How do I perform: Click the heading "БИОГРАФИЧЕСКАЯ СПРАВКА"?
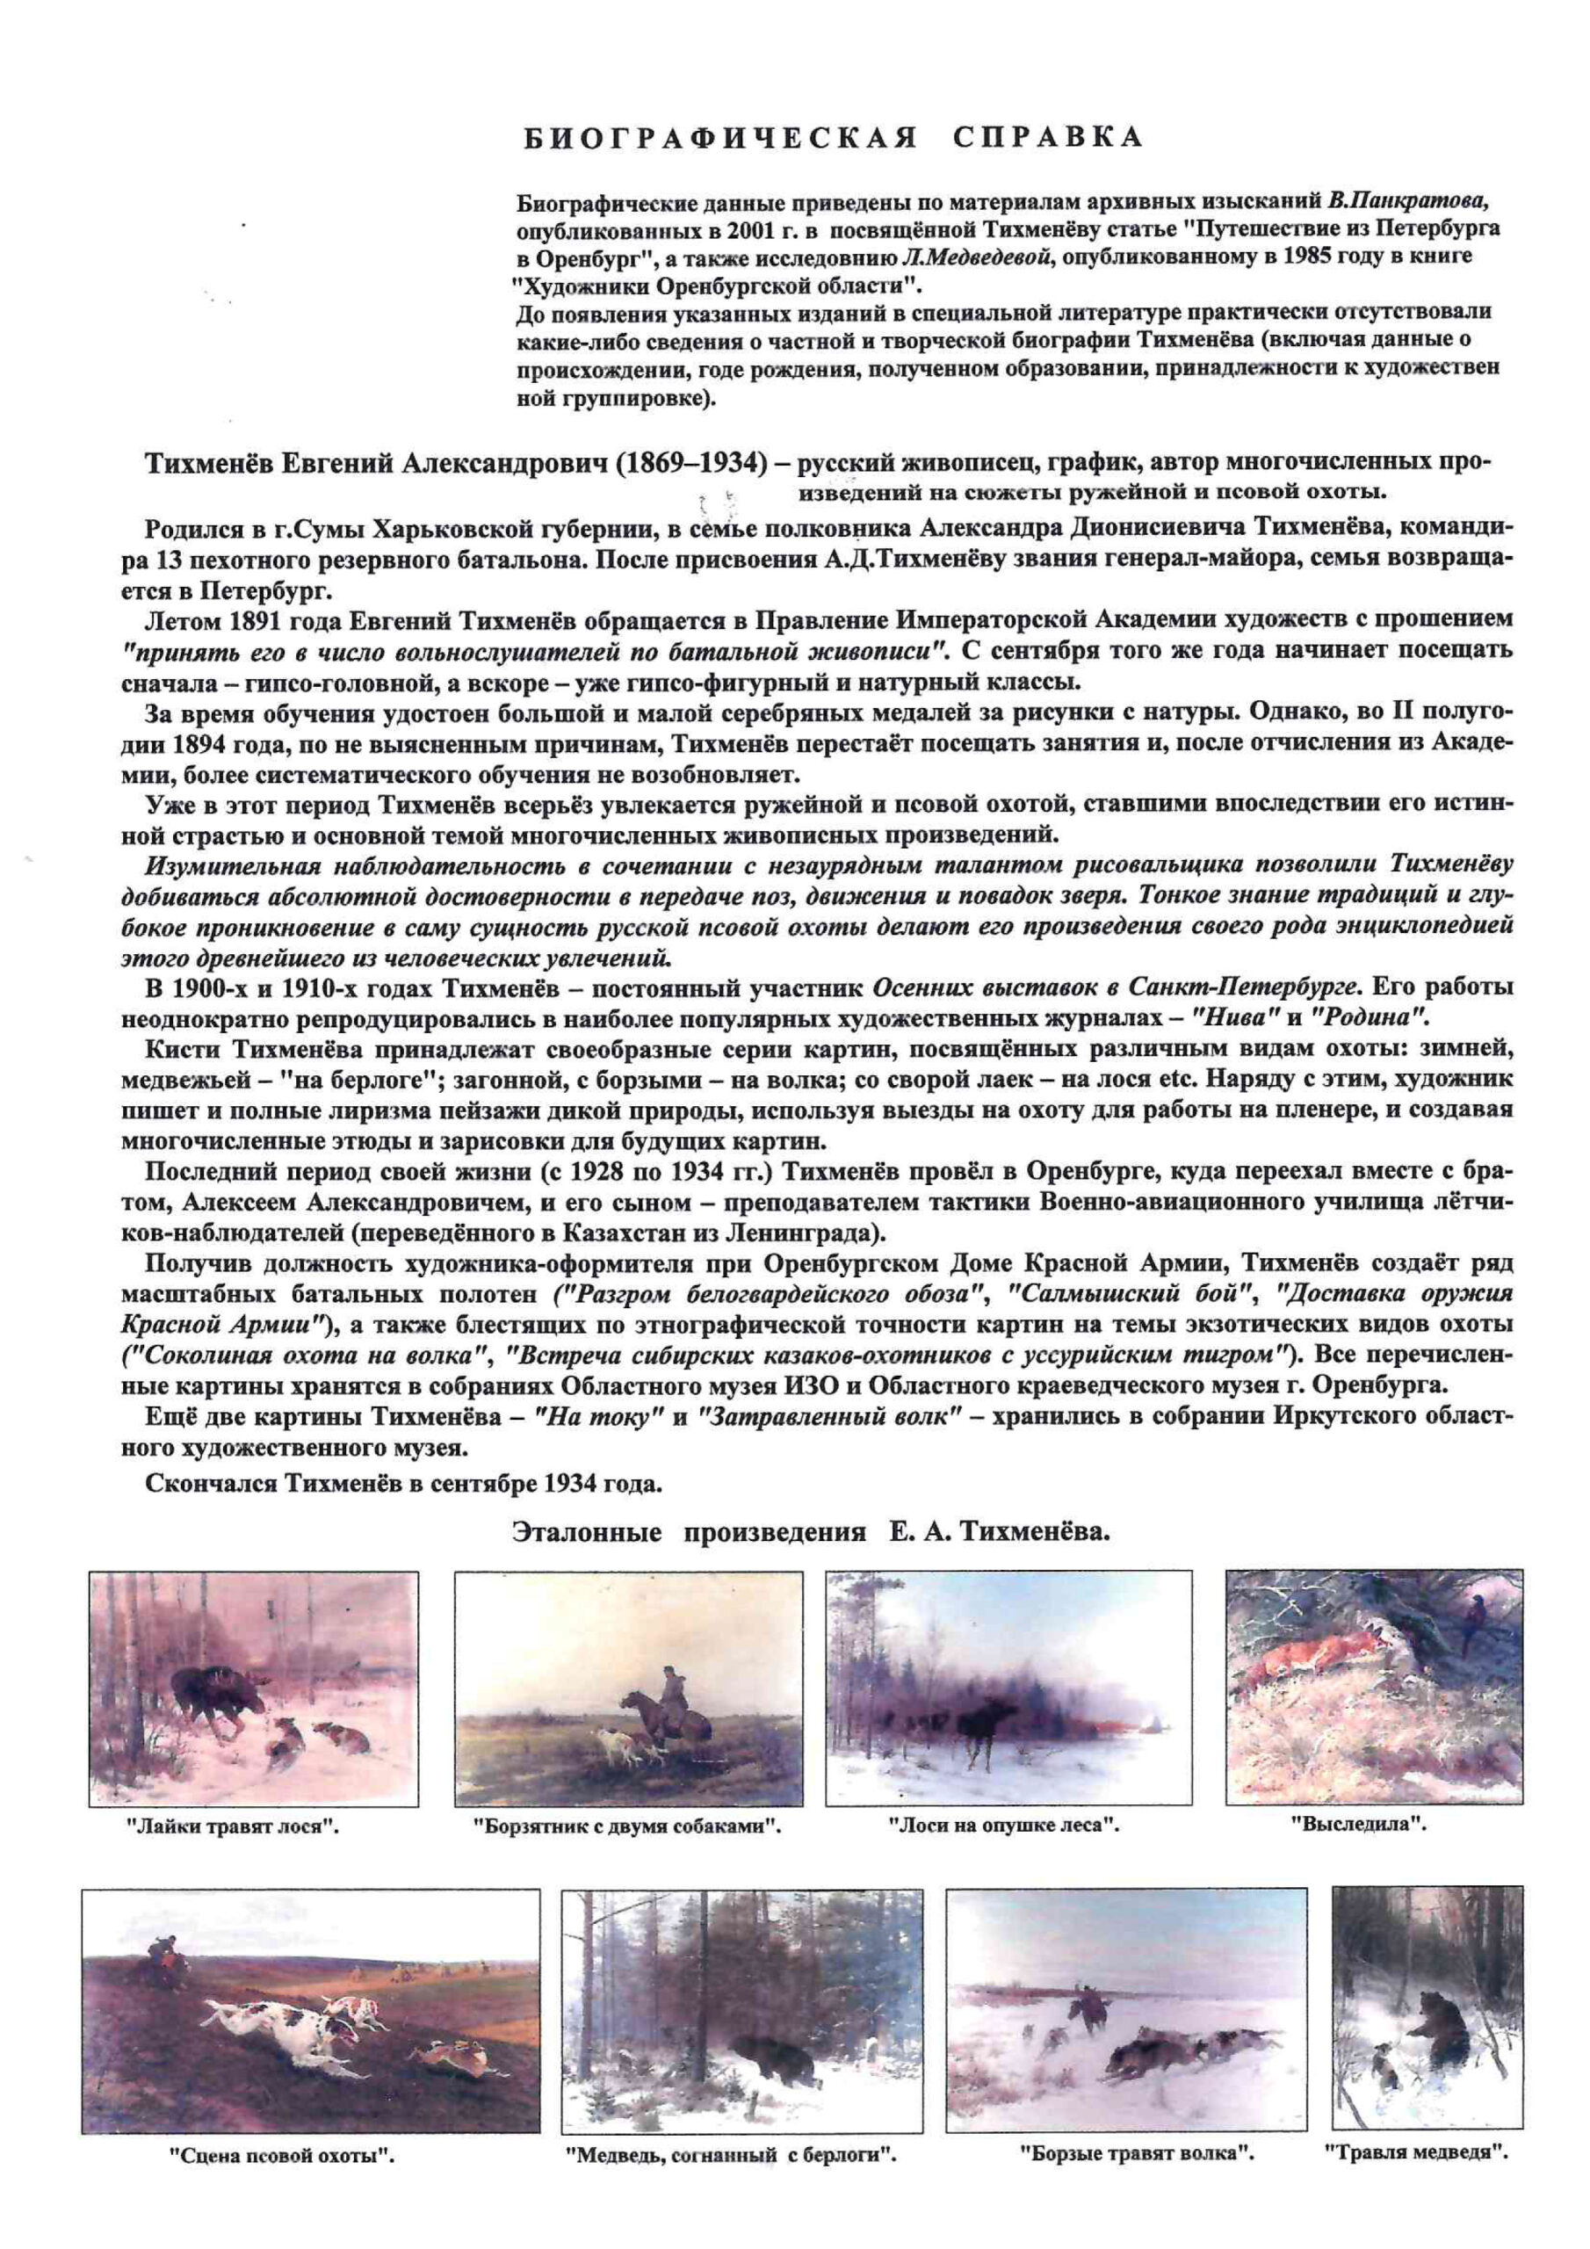pos(833,137)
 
